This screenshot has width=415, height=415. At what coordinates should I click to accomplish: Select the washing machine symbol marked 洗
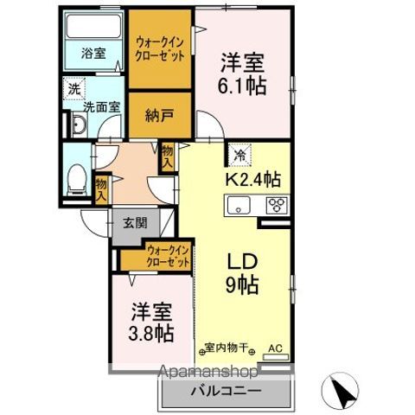75,88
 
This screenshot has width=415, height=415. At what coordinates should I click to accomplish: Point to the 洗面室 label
101,109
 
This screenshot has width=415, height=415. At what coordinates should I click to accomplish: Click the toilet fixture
74,179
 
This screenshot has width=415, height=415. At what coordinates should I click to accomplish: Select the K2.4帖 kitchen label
252,181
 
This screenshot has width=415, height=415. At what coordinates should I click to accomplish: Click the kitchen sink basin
238,206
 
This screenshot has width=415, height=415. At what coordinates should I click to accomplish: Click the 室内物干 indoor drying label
227,348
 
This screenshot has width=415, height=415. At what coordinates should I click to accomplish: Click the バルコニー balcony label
225,391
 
